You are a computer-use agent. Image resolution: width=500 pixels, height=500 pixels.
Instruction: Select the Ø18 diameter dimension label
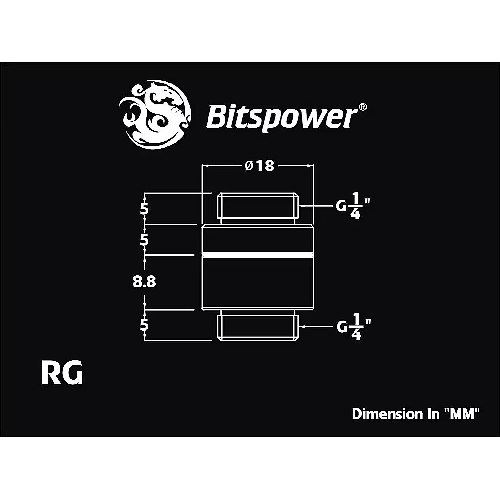[259, 166]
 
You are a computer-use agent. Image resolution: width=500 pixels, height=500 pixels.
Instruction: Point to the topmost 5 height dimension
[144, 209]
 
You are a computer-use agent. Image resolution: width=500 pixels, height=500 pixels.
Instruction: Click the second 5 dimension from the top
[144, 239]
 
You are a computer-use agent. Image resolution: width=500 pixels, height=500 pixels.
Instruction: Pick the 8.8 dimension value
[145, 282]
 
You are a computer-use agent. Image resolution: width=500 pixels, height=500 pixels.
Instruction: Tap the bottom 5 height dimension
[144, 325]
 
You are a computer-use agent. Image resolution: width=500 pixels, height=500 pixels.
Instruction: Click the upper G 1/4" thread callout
[353, 207]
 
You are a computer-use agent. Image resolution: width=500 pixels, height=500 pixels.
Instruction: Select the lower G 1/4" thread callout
[354, 327]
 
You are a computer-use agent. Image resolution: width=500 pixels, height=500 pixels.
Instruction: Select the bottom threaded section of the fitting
[258, 328]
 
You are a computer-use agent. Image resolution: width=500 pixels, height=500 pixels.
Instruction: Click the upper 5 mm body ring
[258, 239]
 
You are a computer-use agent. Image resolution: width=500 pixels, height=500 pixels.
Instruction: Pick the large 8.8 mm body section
[258, 283]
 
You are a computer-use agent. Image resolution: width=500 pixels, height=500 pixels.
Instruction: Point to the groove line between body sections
[258, 255]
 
